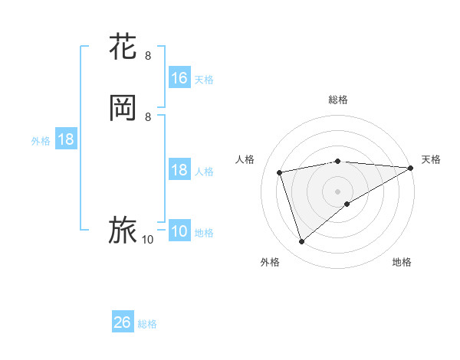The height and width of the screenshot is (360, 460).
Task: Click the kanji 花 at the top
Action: click(x=123, y=47)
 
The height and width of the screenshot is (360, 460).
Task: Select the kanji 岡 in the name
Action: click(x=123, y=108)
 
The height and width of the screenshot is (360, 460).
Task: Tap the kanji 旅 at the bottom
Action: click(x=123, y=231)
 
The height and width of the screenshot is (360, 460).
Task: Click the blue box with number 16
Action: click(x=179, y=78)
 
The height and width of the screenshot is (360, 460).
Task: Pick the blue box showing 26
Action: click(x=123, y=323)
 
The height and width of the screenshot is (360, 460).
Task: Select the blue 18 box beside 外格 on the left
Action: click(x=66, y=140)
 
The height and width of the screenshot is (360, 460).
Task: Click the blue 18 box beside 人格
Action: click(x=179, y=171)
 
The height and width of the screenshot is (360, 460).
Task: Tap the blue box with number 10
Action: click(x=179, y=232)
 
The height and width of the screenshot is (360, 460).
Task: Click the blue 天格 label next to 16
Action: click(x=204, y=80)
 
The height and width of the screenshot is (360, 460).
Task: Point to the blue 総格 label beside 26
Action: click(x=147, y=325)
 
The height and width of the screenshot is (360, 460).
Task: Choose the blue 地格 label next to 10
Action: click(x=204, y=234)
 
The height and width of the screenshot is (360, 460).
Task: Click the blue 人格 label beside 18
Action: click(x=204, y=172)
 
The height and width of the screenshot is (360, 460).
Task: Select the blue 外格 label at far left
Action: click(x=41, y=142)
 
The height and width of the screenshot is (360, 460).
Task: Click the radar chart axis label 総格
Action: click(x=338, y=100)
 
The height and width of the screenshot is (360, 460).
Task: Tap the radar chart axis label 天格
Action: click(x=431, y=159)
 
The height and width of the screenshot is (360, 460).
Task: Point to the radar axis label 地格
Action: click(x=402, y=263)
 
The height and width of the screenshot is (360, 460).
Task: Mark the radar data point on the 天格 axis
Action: click(x=411, y=168)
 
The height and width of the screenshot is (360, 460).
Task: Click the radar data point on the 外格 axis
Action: click(x=301, y=242)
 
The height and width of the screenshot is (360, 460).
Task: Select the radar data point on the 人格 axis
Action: click(x=281, y=172)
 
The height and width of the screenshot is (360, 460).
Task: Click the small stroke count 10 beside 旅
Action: click(x=148, y=240)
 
